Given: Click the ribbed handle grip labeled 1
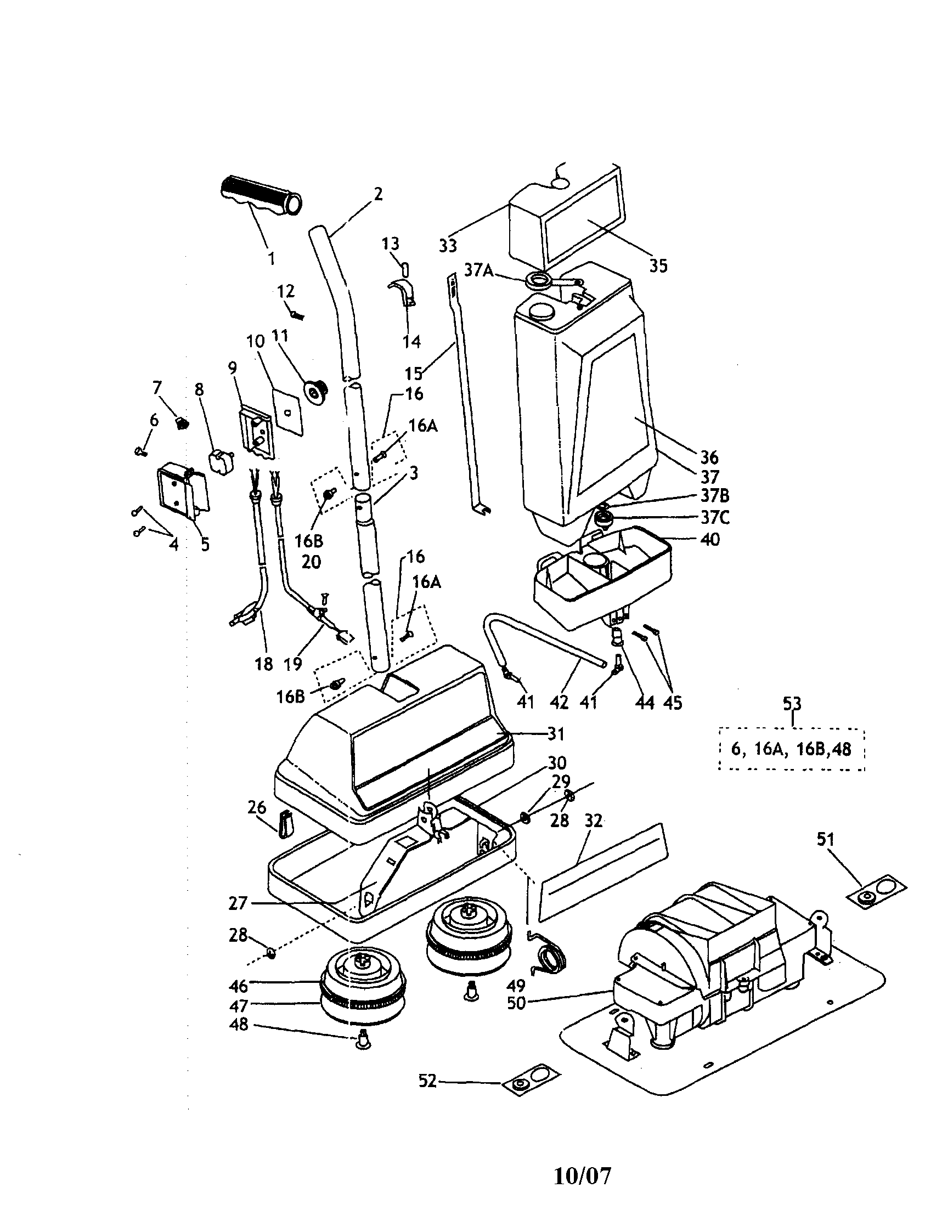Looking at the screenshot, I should click(261, 197).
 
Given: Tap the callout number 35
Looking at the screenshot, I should click(658, 266).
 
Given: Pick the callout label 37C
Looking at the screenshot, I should click(714, 518).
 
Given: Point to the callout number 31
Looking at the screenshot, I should click(556, 734).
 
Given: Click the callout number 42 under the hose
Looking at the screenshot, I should click(559, 702).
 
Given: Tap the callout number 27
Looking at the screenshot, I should click(238, 903).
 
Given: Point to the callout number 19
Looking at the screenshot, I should click(293, 663).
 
